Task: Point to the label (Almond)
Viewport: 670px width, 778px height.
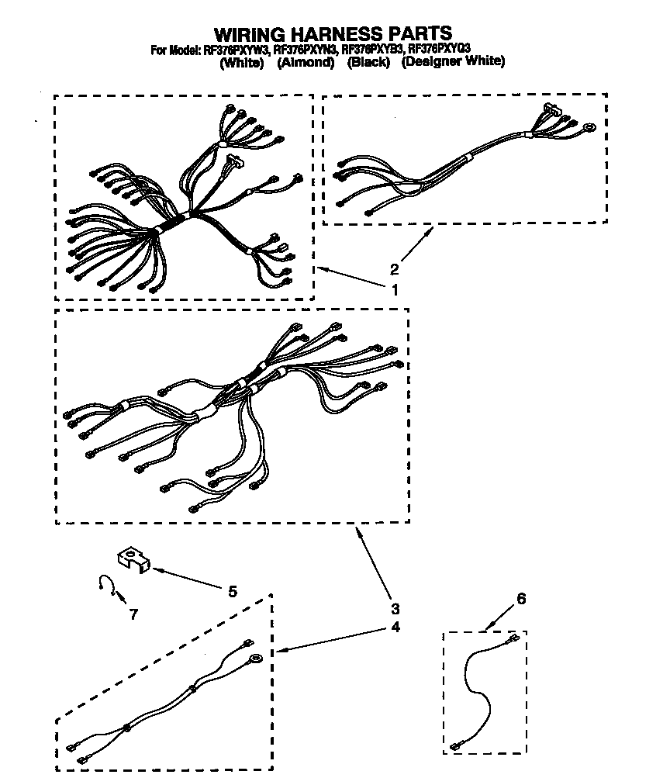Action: point(306,62)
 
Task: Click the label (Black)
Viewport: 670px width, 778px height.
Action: point(368,62)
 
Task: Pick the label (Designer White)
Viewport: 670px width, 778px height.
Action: point(453,62)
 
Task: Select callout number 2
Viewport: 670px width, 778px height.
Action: point(394,269)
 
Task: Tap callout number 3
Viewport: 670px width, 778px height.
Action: point(395,608)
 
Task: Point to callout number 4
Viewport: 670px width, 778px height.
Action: point(395,627)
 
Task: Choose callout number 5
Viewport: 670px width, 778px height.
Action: point(232,591)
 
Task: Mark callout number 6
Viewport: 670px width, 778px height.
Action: point(521,599)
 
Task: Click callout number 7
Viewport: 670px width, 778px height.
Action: point(133,614)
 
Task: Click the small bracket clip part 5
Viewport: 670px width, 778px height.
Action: point(131,561)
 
